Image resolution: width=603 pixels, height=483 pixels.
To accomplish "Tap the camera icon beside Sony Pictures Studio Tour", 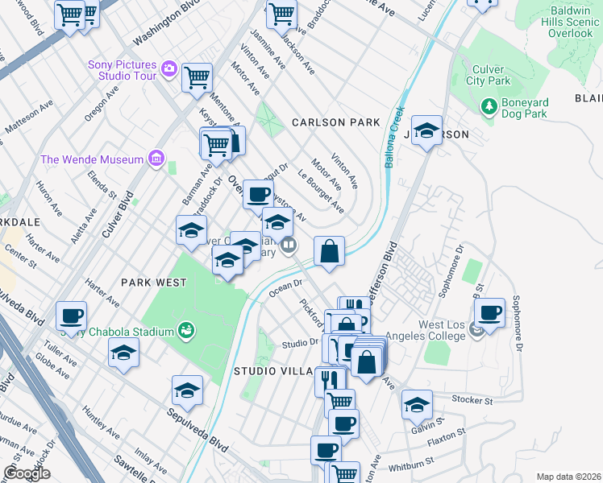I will pyautogui.click(x=169, y=68).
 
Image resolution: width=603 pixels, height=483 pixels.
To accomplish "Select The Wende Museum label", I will pyautogui.click(x=92, y=159).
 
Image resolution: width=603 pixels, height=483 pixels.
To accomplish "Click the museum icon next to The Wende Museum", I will pyautogui.click(x=156, y=158).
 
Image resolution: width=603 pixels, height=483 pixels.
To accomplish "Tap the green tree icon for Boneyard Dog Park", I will pyautogui.click(x=488, y=106).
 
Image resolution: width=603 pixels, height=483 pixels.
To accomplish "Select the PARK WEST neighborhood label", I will pyautogui.click(x=153, y=283).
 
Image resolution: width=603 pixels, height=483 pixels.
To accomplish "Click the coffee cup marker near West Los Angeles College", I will pyautogui.click(x=490, y=312).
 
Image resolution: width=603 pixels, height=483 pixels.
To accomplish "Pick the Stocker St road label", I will pyautogui.click(x=472, y=399).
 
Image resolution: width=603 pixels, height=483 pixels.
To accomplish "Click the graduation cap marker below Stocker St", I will pyautogui.click(x=417, y=404).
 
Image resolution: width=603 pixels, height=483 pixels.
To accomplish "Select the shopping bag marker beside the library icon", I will pyautogui.click(x=329, y=251).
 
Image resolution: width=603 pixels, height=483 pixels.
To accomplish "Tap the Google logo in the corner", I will pyautogui.click(x=27, y=473).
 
